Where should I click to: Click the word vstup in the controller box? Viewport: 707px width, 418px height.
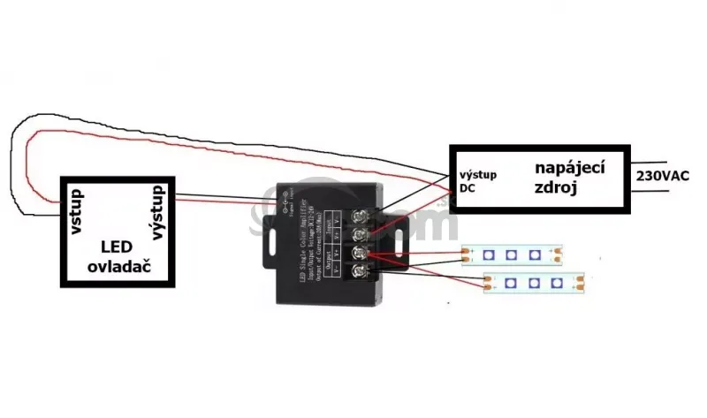click(78, 211)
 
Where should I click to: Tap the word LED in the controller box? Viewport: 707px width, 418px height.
click(117, 247)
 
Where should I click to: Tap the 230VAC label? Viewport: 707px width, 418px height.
click(663, 175)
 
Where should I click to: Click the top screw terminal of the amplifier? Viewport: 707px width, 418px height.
click(361, 215)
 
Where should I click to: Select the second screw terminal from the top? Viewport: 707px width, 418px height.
click(361, 235)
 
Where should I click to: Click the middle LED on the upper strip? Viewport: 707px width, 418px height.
click(512, 255)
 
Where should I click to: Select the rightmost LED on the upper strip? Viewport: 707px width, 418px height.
click(534, 255)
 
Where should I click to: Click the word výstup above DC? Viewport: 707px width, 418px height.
click(477, 174)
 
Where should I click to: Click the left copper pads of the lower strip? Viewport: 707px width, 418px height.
click(489, 285)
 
